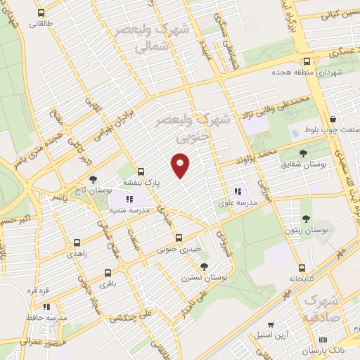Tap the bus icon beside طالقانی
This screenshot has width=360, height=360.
click(41, 13)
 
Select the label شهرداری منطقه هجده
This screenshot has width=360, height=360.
click(310, 72)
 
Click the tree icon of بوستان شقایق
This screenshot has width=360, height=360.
click(303, 153)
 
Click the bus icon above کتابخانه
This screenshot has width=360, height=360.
click(302, 268)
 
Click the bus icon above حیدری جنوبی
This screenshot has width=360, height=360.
click(179, 238)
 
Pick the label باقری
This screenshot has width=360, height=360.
click(105, 285)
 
